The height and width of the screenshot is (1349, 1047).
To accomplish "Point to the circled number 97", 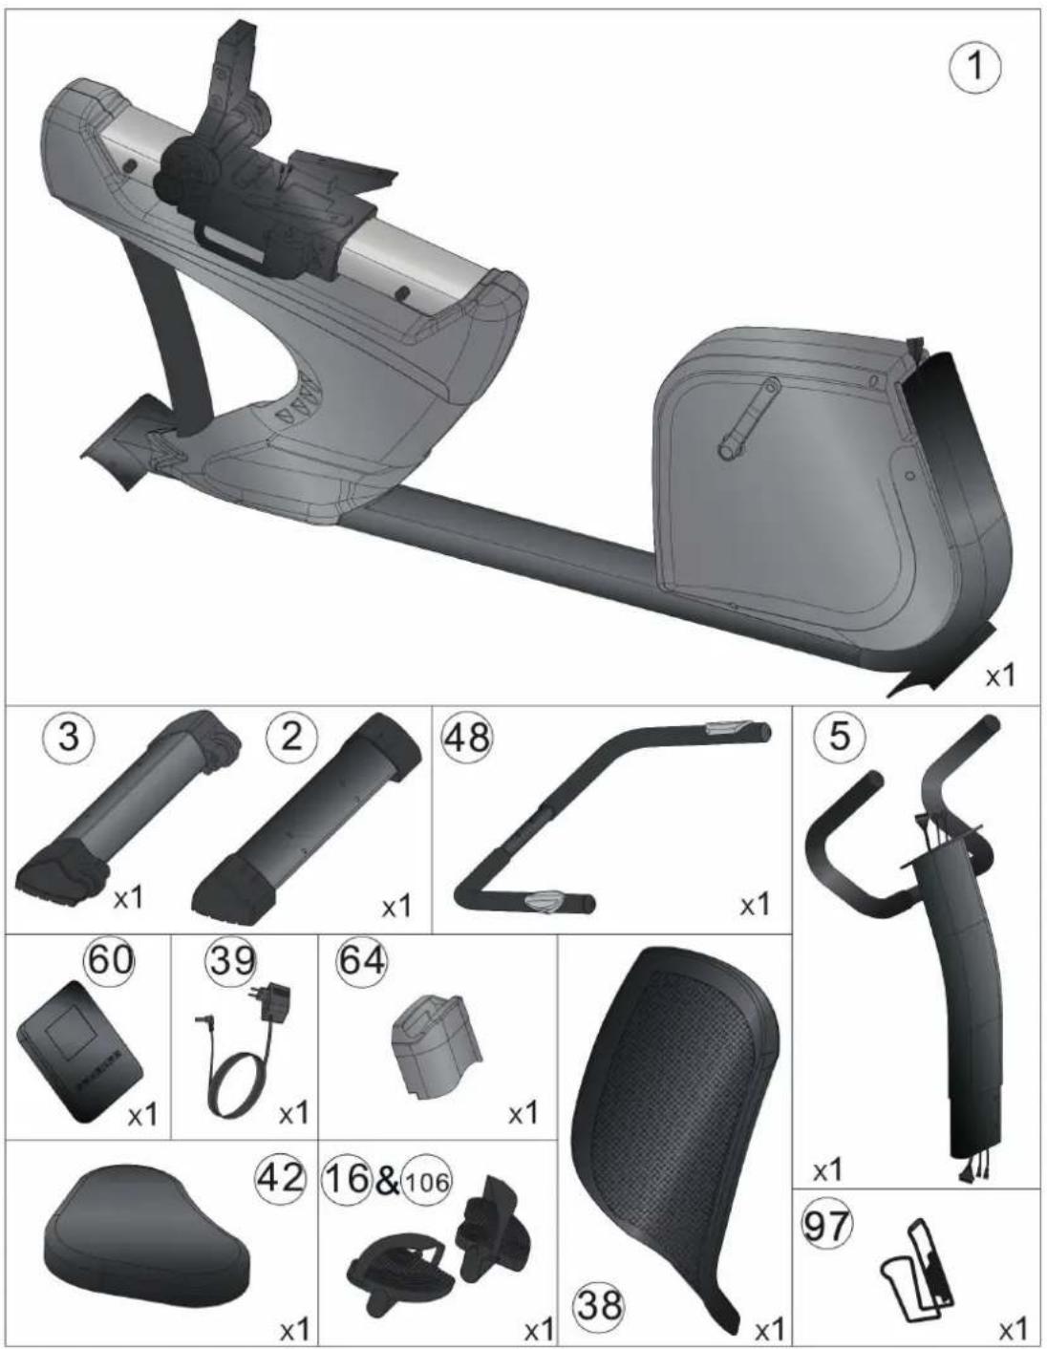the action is pos(828,1223).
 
